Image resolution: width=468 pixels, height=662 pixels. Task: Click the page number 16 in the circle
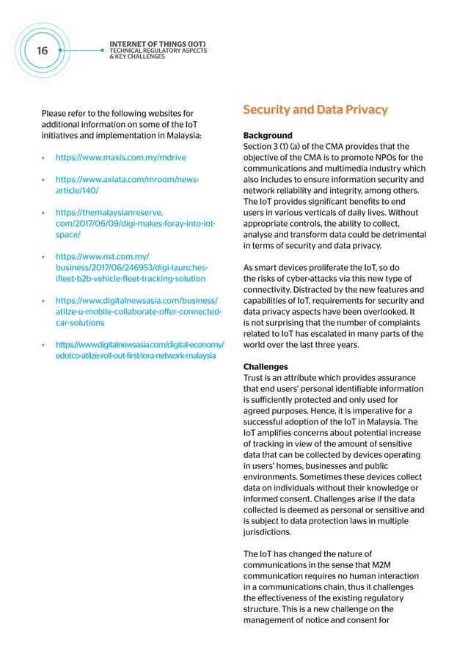(x=42, y=51)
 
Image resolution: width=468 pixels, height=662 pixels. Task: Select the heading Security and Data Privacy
(x=315, y=111)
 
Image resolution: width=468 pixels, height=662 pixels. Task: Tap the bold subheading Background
(x=268, y=136)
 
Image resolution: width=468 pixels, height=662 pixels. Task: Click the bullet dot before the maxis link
(x=45, y=158)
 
